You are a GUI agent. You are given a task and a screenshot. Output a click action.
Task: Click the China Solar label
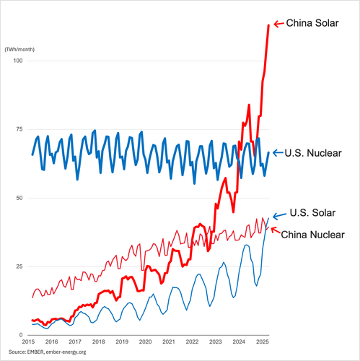pos(312,23)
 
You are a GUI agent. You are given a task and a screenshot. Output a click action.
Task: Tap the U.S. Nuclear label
pos(313,153)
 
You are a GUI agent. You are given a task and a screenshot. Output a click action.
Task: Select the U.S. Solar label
pos(312,213)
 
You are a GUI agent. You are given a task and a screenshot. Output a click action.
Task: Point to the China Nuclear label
pos(312,235)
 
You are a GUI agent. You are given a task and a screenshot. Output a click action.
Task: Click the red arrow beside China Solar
pos(279,24)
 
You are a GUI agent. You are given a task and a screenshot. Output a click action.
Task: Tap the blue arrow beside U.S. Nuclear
pos(278,152)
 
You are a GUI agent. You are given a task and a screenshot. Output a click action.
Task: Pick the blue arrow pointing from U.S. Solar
pos(279,216)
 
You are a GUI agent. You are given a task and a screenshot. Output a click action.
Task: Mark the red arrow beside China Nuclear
pos(276,230)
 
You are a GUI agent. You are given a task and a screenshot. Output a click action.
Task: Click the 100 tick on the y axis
pos(18,61)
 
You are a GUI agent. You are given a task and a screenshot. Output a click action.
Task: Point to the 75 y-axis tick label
pos(19,129)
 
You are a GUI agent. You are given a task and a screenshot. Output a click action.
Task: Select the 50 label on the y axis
pos(19,198)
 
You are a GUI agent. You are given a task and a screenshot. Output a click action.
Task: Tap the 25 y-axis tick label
pos(19,266)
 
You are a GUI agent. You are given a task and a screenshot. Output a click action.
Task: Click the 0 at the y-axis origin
pos(21,335)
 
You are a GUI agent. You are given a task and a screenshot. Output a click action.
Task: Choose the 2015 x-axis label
pos(28,342)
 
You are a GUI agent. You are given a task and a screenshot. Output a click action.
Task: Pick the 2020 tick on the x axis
pos(146,342)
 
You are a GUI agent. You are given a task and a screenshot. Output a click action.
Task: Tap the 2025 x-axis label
pos(263,342)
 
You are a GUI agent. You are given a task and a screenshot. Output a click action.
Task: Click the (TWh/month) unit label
pos(19,49)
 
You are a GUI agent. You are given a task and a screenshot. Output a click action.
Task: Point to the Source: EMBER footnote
pos(48,352)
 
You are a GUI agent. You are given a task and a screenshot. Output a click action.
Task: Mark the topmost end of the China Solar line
pos(268,25)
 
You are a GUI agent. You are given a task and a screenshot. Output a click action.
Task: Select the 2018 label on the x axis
pos(99,342)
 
